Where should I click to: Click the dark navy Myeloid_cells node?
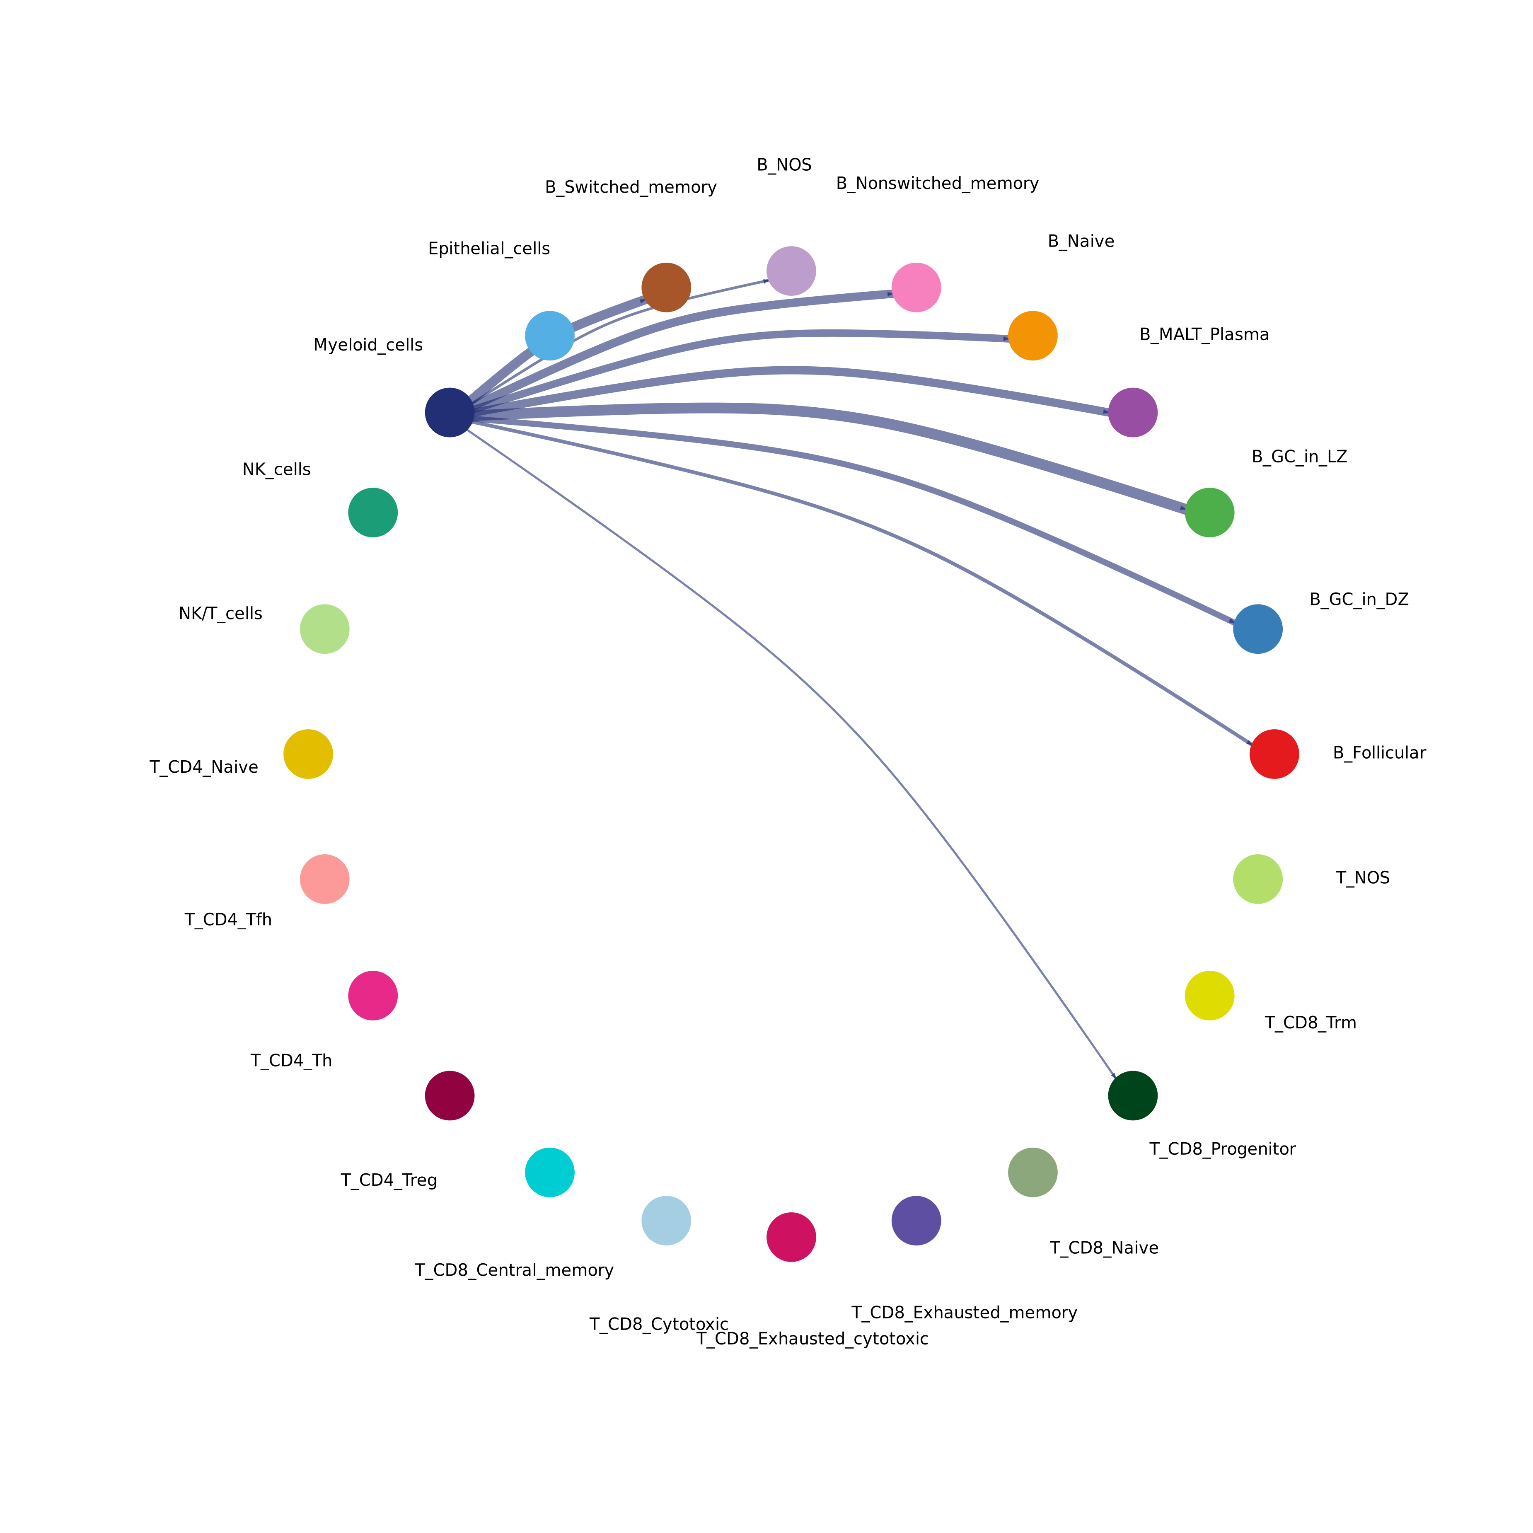449,413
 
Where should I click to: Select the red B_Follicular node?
1274,754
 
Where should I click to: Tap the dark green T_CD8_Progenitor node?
1132,1095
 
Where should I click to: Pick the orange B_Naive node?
1032,336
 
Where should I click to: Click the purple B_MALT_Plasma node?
1132,413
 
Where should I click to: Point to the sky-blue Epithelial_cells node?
549,336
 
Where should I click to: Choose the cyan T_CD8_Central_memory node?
549,1172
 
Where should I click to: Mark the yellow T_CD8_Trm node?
1209,995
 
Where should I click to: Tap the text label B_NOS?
784,165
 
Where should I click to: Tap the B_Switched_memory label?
631,187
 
